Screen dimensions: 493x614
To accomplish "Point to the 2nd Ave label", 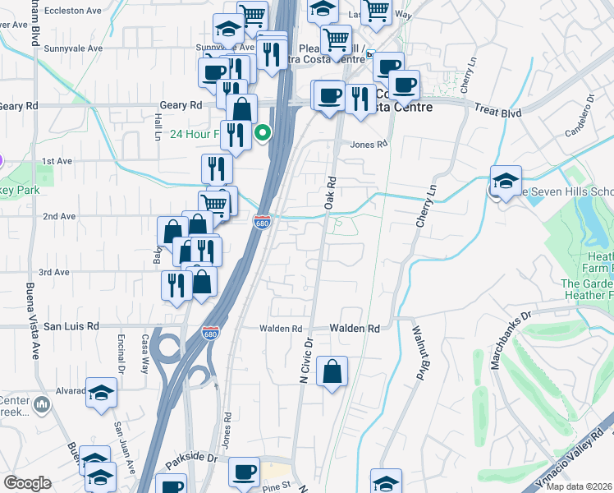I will [59, 216].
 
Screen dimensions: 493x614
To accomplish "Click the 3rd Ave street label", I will [53, 272].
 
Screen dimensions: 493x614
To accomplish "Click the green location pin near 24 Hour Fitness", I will [263, 131].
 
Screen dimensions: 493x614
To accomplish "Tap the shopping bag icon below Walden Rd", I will [332, 371].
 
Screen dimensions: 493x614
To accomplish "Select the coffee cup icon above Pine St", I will [243, 472].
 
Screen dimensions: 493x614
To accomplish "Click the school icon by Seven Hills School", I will [506, 181].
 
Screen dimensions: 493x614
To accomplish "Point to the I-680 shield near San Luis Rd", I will [210, 333].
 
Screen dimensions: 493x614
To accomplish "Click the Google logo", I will [27, 483].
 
